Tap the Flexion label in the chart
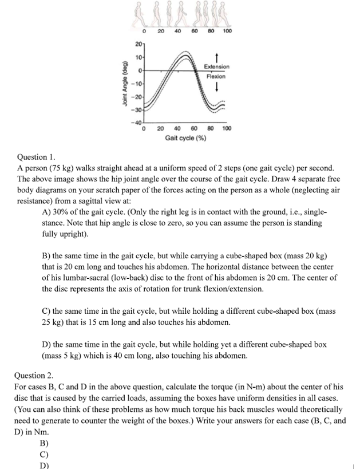[x=215, y=76]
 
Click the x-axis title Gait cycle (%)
[x=185, y=138]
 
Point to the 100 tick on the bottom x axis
[x=227, y=129]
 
